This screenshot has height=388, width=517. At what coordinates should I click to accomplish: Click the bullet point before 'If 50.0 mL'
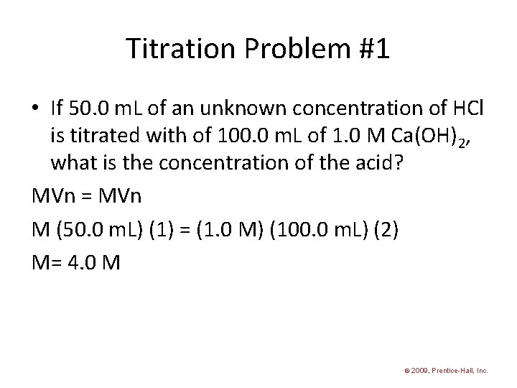37,109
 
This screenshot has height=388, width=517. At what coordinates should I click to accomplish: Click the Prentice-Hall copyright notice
445,371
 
